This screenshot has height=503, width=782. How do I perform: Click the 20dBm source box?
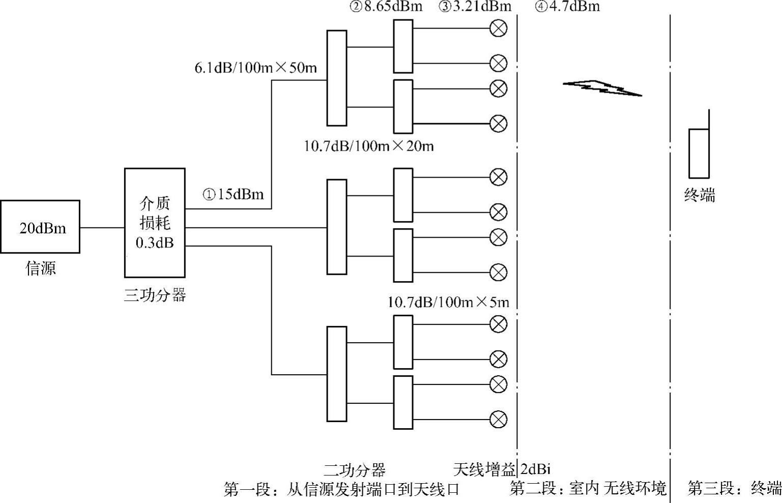coord(40,227)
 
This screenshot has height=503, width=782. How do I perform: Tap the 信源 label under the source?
coord(41,268)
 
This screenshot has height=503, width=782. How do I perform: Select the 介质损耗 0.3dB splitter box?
coord(155,222)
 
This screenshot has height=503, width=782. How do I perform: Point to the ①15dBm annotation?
coord(234,194)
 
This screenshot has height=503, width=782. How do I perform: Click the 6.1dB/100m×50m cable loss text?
coord(255,68)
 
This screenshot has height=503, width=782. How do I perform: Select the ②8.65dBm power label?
coord(386,7)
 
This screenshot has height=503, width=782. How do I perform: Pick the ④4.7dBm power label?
coord(567,7)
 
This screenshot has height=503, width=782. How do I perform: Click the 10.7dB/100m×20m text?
coord(369,147)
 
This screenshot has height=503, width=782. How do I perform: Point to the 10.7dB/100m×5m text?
coord(448,302)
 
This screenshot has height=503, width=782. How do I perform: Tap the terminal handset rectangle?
coord(699,153)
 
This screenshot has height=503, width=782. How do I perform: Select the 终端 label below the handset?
coord(700,195)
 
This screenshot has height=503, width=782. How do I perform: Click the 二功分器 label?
coord(355,469)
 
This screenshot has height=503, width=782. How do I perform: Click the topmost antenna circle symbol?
coord(498,28)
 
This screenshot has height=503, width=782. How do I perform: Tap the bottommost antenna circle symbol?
coord(498,420)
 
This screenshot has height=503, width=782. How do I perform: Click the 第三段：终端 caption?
coord(734,488)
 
